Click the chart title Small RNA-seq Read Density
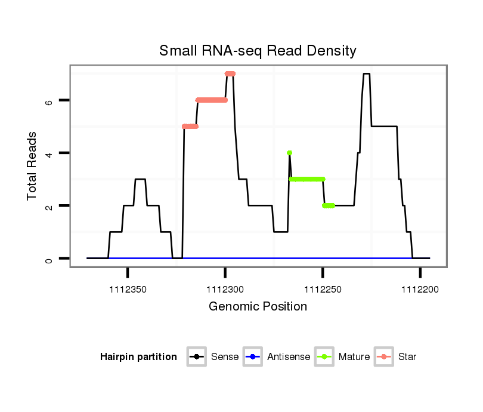click(258, 51)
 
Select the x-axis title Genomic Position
click(258, 307)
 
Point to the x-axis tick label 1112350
click(128, 290)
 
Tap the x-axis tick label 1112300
click(225, 290)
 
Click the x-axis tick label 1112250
click(323, 290)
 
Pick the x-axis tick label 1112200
click(420, 290)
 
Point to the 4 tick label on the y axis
click(49, 153)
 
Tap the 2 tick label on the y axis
click(49, 205)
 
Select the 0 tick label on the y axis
click(49, 259)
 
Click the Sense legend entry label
click(225, 357)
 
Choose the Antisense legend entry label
click(288, 357)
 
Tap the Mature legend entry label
click(354, 357)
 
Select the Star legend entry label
click(407, 357)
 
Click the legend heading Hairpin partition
click(138, 357)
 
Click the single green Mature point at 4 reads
click(289, 153)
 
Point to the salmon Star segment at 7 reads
click(230, 73)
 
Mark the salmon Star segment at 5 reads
click(190, 127)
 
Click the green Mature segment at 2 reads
click(329, 205)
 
